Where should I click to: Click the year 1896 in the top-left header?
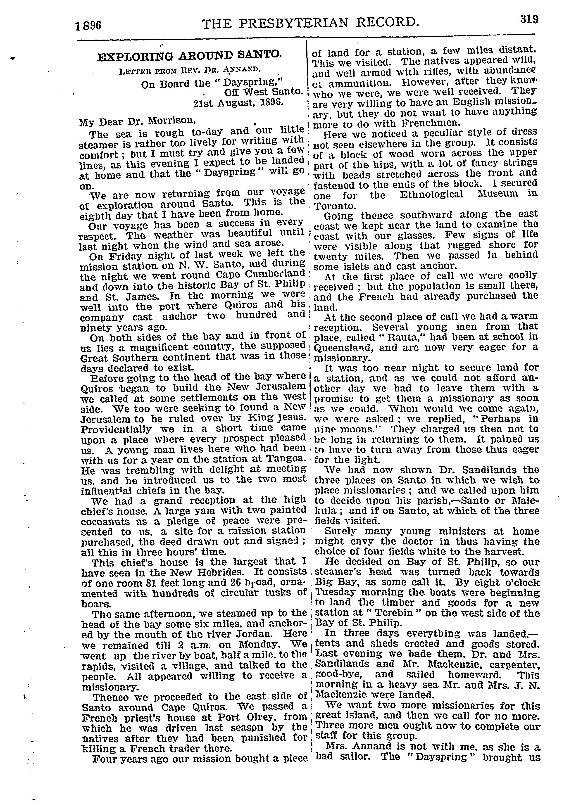[x=88, y=26]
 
